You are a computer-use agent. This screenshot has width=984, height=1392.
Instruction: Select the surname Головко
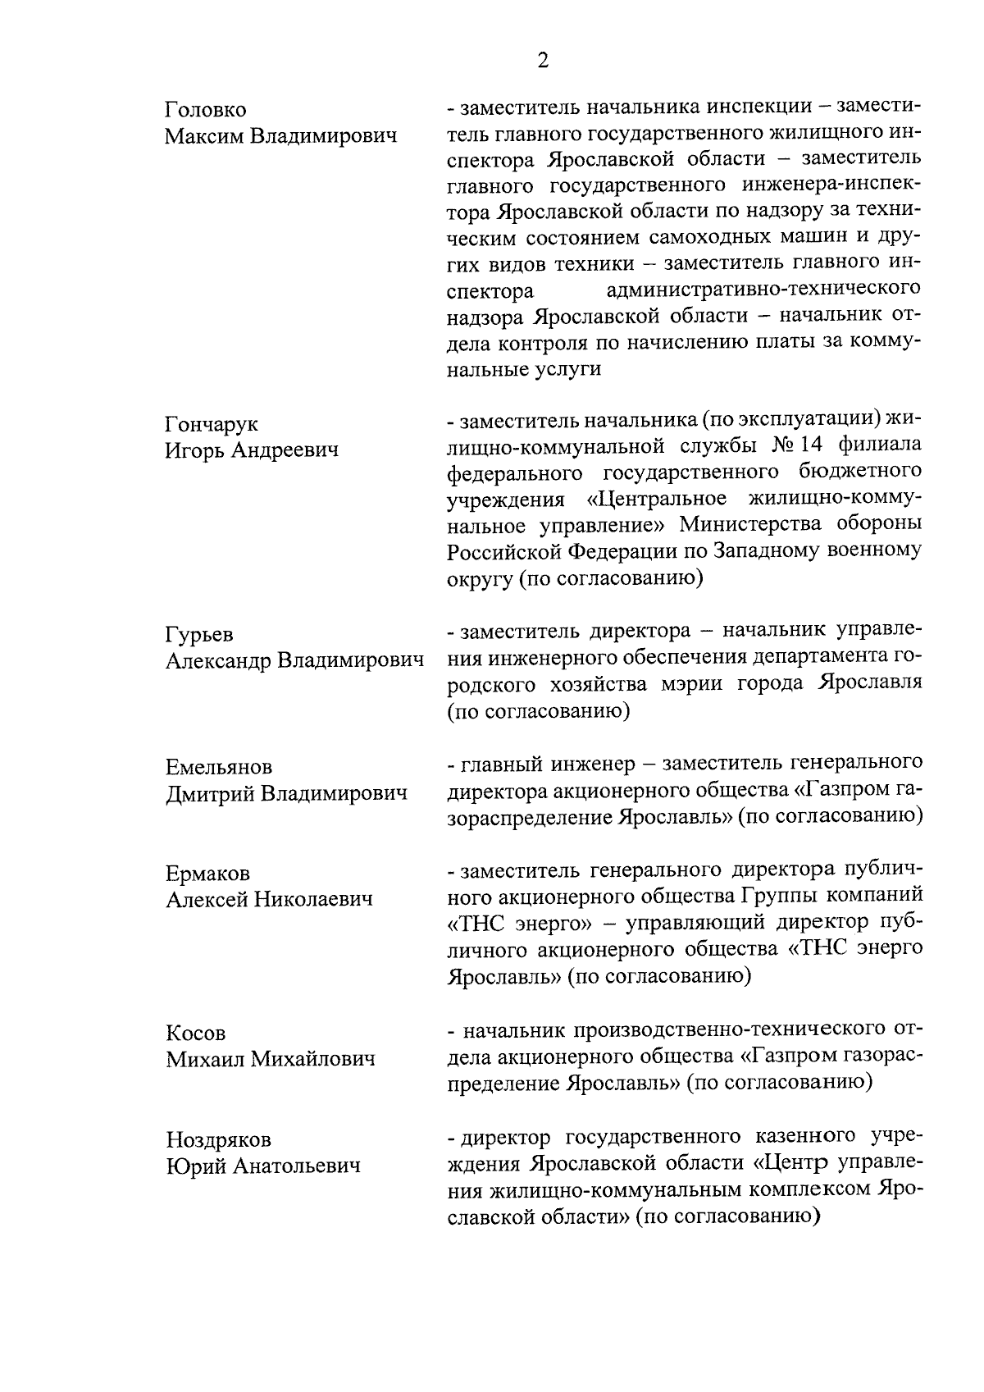point(205,110)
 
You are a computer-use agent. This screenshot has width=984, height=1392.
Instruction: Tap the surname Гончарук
point(212,424)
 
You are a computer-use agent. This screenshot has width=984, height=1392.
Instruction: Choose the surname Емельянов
point(219,768)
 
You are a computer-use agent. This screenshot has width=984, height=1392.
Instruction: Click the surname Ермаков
point(207,874)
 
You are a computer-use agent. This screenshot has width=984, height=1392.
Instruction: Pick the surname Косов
point(195,1034)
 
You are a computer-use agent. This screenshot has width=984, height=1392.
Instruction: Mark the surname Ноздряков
point(219,1139)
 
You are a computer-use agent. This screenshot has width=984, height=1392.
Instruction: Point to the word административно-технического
point(763,290)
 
